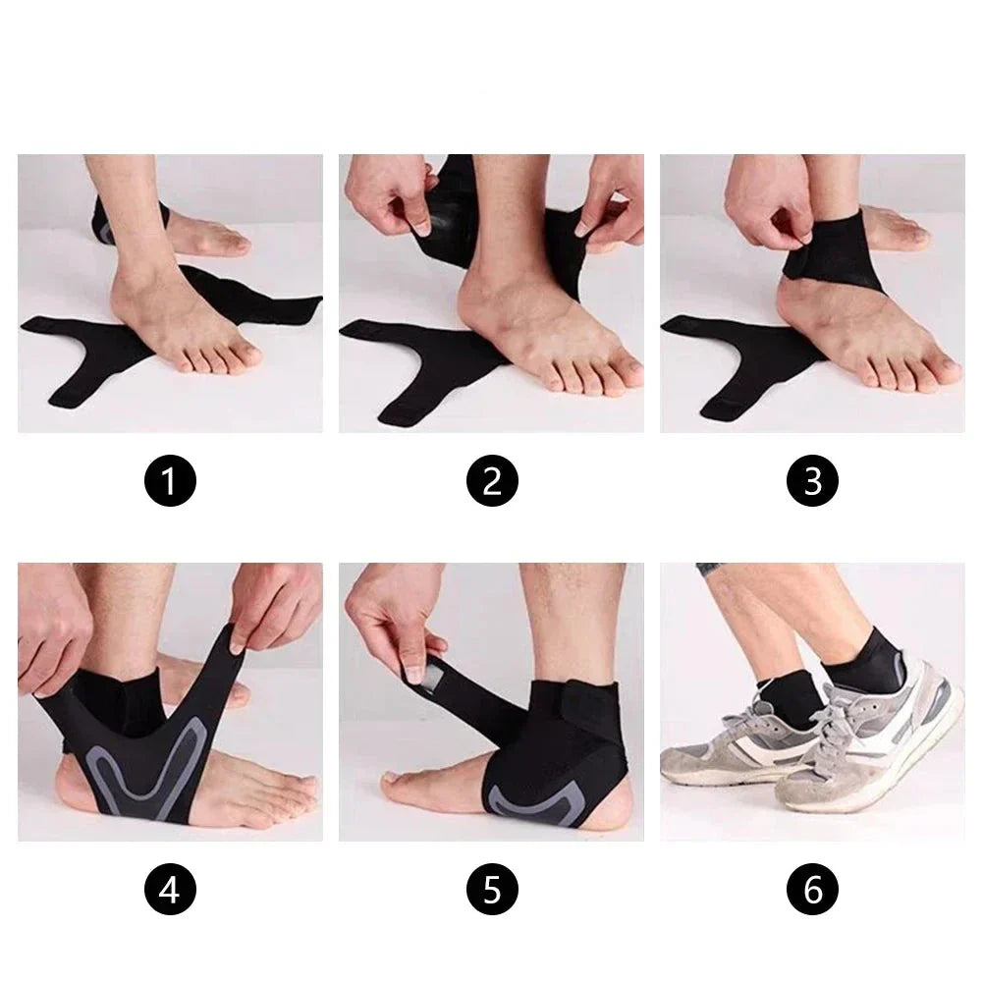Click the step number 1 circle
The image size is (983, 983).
coord(171,481)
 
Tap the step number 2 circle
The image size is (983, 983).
coord(491,481)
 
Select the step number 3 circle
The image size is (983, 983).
coord(813,481)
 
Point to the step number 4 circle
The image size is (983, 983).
coord(171,890)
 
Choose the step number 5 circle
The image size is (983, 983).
coord(491,890)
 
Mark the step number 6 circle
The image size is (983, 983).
coord(813,890)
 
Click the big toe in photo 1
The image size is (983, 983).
coord(243,353)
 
